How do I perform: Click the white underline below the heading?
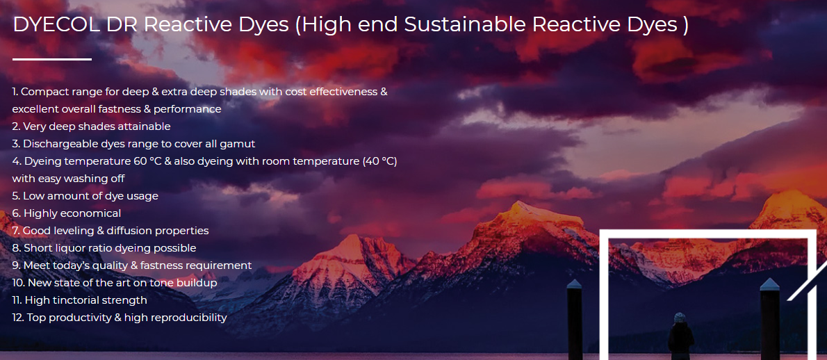coord(51,59)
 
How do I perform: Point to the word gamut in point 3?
coord(242,144)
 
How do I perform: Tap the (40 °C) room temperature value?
coord(379,161)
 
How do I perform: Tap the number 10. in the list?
coord(19,283)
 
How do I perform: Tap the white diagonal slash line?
coord(807,283)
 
